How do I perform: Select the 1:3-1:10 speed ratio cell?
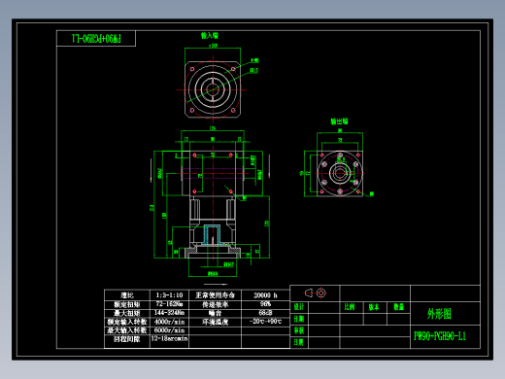point(168,294)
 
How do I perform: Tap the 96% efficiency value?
point(265,303)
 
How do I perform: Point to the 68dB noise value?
point(265,312)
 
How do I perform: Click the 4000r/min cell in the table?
point(168,321)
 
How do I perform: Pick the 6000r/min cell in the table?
point(168,329)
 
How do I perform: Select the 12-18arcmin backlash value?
point(168,338)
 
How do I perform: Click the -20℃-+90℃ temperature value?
point(265,321)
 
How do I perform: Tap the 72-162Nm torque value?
point(168,303)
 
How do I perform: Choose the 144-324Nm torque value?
point(168,312)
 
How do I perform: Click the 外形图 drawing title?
point(439,315)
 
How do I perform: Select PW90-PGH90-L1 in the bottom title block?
point(440,336)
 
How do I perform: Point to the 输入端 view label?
point(209,35)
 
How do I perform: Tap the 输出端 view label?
point(339,121)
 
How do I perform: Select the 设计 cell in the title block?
point(299,306)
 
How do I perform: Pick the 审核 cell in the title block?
point(299,330)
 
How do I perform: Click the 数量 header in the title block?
point(398,306)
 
